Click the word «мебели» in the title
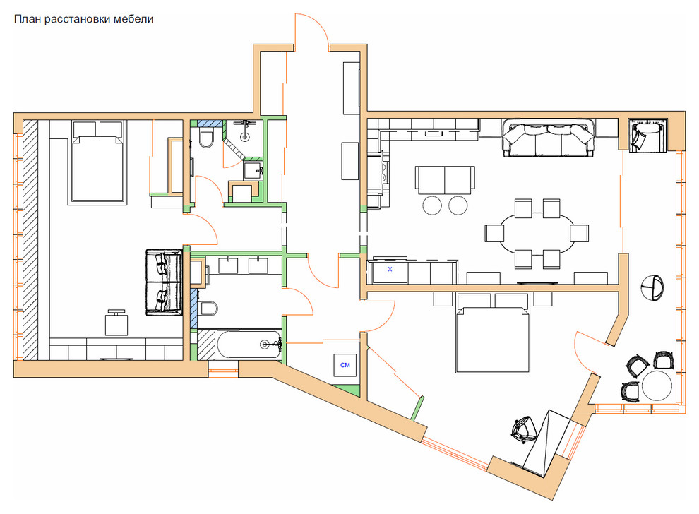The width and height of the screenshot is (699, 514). click(133, 19)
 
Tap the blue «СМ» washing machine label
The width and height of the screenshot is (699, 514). click(345, 365)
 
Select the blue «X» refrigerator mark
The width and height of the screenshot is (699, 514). click(390, 269)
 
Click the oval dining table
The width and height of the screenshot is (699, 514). click(537, 234)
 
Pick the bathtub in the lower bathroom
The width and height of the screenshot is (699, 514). click(249, 344)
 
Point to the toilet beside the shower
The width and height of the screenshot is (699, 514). click(206, 138)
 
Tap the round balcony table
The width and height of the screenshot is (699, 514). click(657, 385)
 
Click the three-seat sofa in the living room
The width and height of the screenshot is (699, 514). click(549, 137)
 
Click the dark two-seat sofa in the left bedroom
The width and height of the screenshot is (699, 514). click(164, 282)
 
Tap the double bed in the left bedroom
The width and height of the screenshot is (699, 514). click(97, 162)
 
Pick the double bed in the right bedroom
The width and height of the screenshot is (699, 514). click(493, 333)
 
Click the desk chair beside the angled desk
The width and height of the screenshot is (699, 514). click(524, 429)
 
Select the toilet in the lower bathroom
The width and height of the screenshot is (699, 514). click(207, 308)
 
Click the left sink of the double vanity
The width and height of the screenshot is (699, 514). click(228, 265)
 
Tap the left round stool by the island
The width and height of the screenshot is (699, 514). click(432, 205)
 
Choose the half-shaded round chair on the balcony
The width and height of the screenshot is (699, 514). click(652, 287)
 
